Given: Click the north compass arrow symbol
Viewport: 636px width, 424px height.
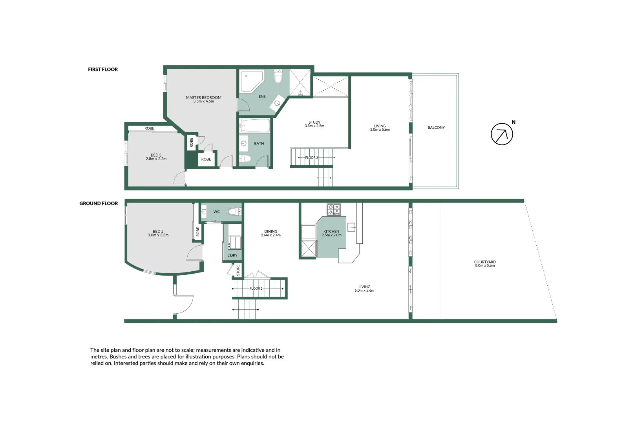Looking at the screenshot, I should pos(502,134).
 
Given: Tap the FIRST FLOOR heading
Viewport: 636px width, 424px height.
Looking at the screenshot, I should pos(103,69).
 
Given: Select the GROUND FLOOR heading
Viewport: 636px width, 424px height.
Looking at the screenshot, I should pos(99,203).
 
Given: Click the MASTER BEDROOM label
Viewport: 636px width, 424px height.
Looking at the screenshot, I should pos(203,98).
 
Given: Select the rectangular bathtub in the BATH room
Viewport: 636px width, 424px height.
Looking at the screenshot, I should pos(255,126).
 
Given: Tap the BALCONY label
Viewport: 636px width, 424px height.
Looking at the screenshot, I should pos(436,128).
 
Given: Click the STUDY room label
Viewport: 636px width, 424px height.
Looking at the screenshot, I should pos(314,122).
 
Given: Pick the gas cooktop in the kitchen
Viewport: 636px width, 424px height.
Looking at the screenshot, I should pos(334,209).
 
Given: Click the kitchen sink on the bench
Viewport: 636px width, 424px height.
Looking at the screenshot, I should pos(352,227).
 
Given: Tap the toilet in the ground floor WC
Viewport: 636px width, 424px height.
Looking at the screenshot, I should pos(234,212).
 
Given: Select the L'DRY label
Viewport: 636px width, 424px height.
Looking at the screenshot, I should pos(232,255).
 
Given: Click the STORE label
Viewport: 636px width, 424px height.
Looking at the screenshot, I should pos(238,270).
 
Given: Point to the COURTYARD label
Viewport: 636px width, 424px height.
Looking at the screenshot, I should pos(485,262).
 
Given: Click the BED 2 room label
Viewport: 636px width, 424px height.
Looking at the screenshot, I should pos(158,232).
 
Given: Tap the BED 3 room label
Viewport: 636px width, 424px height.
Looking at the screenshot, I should pos(156,155).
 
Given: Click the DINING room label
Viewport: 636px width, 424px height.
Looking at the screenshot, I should pos(271,232).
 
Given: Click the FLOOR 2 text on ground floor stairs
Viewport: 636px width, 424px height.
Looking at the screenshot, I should pos(256,289).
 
